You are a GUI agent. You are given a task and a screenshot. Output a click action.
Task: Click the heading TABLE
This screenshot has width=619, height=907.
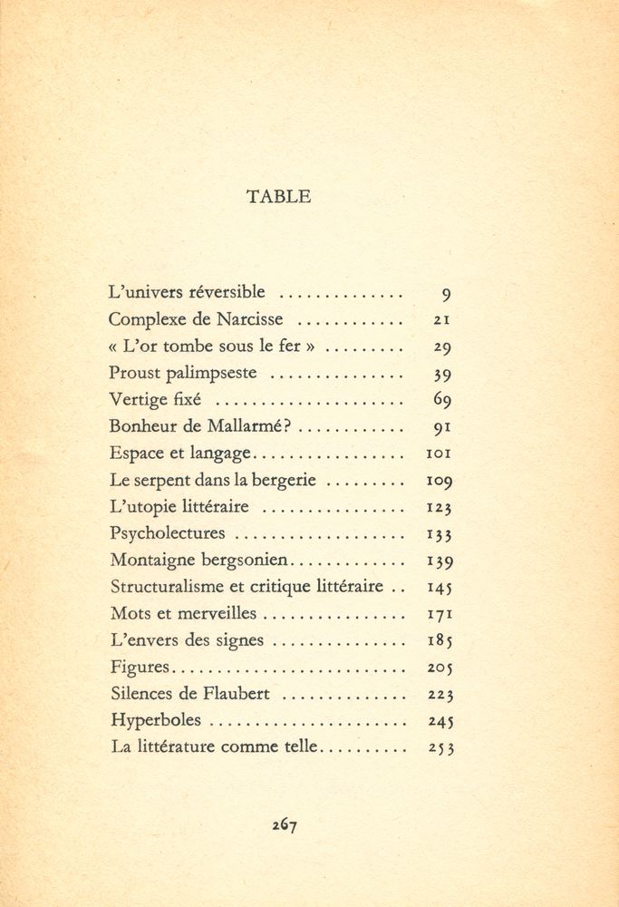click(x=278, y=196)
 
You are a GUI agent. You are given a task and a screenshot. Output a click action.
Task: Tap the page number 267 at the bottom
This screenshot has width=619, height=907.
click(x=285, y=824)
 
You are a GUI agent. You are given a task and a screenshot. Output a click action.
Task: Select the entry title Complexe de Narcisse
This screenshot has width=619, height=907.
click(x=196, y=319)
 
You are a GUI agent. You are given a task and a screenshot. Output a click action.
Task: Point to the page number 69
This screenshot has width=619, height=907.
click(x=442, y=400)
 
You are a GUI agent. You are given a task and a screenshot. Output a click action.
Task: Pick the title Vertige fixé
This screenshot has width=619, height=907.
click(x=155, y=400)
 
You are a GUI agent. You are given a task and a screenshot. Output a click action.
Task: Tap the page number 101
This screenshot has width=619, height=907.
click(x=439, y=453)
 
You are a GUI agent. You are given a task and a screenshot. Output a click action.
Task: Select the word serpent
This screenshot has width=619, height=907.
click(x=160, y=481)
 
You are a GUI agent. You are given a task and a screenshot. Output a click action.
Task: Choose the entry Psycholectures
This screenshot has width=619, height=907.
click(x=167, y=534)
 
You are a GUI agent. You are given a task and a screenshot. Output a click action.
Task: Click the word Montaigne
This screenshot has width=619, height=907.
click(x=150, y=561)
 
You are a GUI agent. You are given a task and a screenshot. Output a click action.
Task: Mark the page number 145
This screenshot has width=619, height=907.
click(x=440, y=588)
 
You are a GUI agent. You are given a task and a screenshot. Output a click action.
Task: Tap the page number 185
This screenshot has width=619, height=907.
click(x=440, y=641)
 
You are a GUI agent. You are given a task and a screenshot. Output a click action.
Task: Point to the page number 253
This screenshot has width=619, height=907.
click(x=440, y=749)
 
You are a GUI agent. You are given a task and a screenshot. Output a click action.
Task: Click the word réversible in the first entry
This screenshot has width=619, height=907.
click(x=227, y=292)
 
